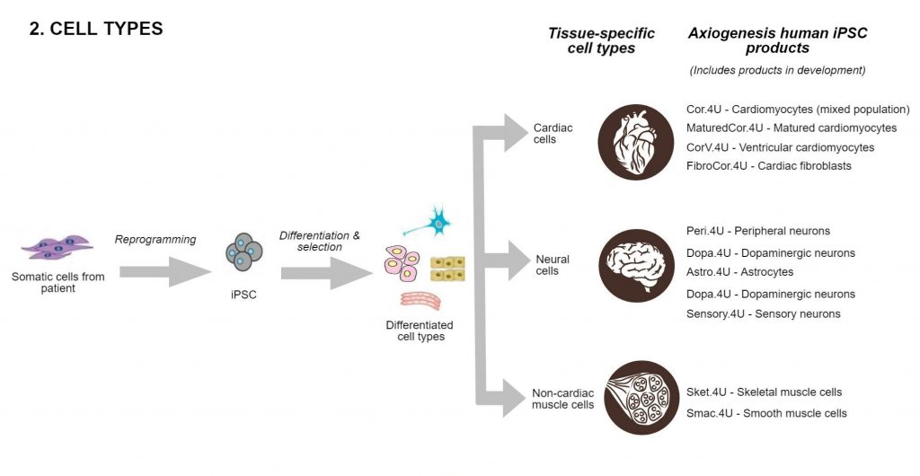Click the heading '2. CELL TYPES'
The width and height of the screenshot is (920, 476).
click(96, 29)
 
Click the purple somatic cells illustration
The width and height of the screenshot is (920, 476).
click(57, 247)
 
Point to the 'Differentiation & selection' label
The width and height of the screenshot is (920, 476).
click(319, 241)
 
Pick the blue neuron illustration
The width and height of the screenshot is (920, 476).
click(437, 221)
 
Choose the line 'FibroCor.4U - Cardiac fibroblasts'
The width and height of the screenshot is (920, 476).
click(768, 166)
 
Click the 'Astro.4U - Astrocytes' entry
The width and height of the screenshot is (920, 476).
click(739, 272)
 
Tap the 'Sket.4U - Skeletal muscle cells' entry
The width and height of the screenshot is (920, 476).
click(764, 392)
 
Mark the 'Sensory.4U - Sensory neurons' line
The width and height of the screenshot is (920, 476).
click(763, 313)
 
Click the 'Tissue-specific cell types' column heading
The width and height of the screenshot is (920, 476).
click(601, 40)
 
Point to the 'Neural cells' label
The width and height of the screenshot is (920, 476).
click(552, 265)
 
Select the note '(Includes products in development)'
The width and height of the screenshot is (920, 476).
click(777, 70)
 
